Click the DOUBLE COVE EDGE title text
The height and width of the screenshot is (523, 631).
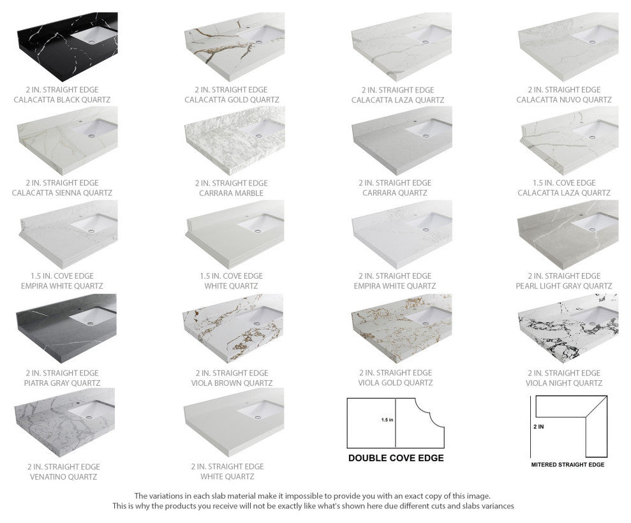(x=396, y=458)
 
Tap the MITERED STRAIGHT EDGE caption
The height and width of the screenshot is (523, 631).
(x=568, y=465)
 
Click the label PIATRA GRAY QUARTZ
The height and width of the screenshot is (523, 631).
(x=63, y=383)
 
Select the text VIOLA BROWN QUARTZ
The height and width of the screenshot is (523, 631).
(x=232, y=383)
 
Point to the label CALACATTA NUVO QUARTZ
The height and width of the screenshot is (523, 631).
(x=564, y=100)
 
